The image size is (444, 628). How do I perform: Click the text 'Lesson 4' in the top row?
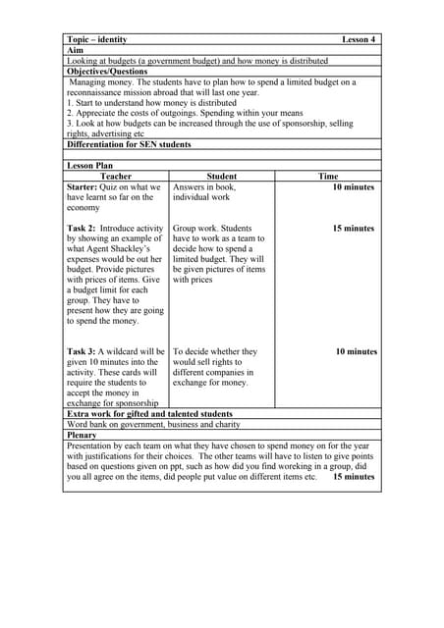[x=359, y=39]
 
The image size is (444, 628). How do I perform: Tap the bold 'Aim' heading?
[x=75, y=50]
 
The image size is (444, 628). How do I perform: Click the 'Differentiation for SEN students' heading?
[x=129, y=144]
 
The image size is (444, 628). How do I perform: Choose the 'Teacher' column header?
[x=116, y=177]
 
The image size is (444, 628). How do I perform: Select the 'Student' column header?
[x=222, y=177]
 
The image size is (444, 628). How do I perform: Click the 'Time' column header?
[x=328, y=177]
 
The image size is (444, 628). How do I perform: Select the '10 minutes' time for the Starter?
[x=353, y=186]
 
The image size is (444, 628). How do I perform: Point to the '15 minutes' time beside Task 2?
[x=353, y=229]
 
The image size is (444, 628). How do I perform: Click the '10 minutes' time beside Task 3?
[x=356, y=351]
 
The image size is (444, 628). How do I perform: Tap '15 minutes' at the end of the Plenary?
[x=354, y=477]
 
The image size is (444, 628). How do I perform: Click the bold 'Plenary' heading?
[x=85, y=435]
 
